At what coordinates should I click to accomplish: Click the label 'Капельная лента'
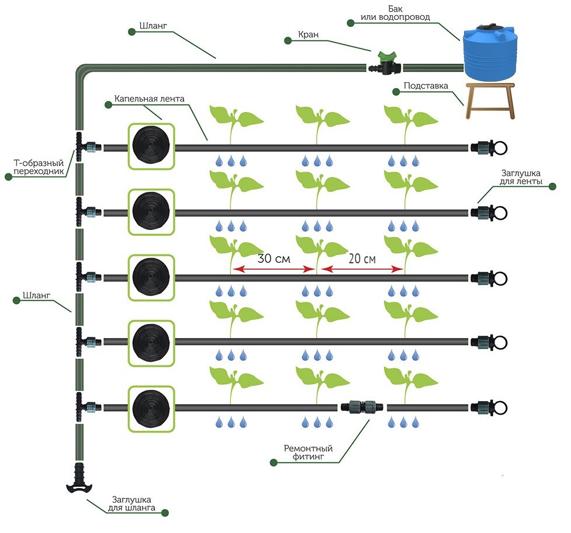[x=149, y=99]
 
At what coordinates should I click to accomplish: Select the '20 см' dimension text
[x=361, y=258]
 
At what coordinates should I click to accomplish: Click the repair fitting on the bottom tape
[x=362, y=406]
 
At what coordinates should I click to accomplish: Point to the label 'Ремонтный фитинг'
[x=308, y=453]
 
